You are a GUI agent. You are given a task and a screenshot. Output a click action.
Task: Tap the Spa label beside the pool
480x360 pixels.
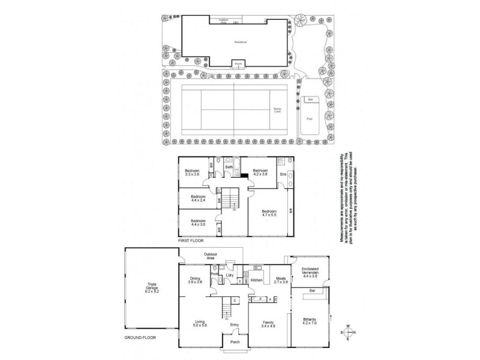(310, 99)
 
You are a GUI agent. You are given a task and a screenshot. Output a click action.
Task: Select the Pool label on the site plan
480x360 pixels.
(310, 119)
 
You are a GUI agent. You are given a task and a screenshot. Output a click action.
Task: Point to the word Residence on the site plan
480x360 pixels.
(241, 42)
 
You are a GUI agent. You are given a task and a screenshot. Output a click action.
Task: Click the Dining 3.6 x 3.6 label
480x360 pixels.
(195, 280)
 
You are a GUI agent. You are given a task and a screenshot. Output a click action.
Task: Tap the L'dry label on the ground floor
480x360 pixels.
(229, 275)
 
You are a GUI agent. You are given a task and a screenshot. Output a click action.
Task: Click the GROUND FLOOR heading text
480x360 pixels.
(140, 338)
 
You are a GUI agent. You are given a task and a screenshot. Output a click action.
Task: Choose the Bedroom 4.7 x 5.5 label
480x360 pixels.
(268, 213)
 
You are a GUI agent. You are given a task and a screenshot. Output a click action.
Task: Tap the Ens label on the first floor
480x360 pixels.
(283, 174)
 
